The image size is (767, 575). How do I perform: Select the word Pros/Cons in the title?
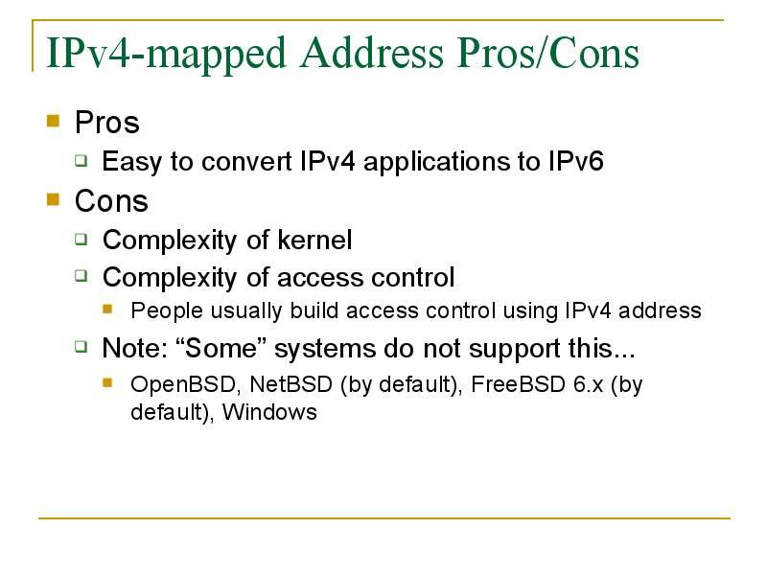point(547,53)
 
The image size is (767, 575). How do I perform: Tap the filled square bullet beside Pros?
point(53,121)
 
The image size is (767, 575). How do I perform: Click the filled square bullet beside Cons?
point(53,199)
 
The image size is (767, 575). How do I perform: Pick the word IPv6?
point(576,161)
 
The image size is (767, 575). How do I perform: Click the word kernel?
point(314,240)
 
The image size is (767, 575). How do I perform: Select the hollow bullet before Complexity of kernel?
point(81,239)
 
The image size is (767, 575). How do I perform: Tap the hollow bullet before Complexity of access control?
point(81,276)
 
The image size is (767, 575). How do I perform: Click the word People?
point(167,311)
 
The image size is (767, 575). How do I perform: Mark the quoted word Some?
point(221,348)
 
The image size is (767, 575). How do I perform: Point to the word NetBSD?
point(291,384)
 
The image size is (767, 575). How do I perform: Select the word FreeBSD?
point(518,384)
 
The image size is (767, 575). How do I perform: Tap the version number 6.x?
point(589,385)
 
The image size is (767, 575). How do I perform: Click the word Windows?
point(269,412)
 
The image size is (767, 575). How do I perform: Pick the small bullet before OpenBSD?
point(107,382)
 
